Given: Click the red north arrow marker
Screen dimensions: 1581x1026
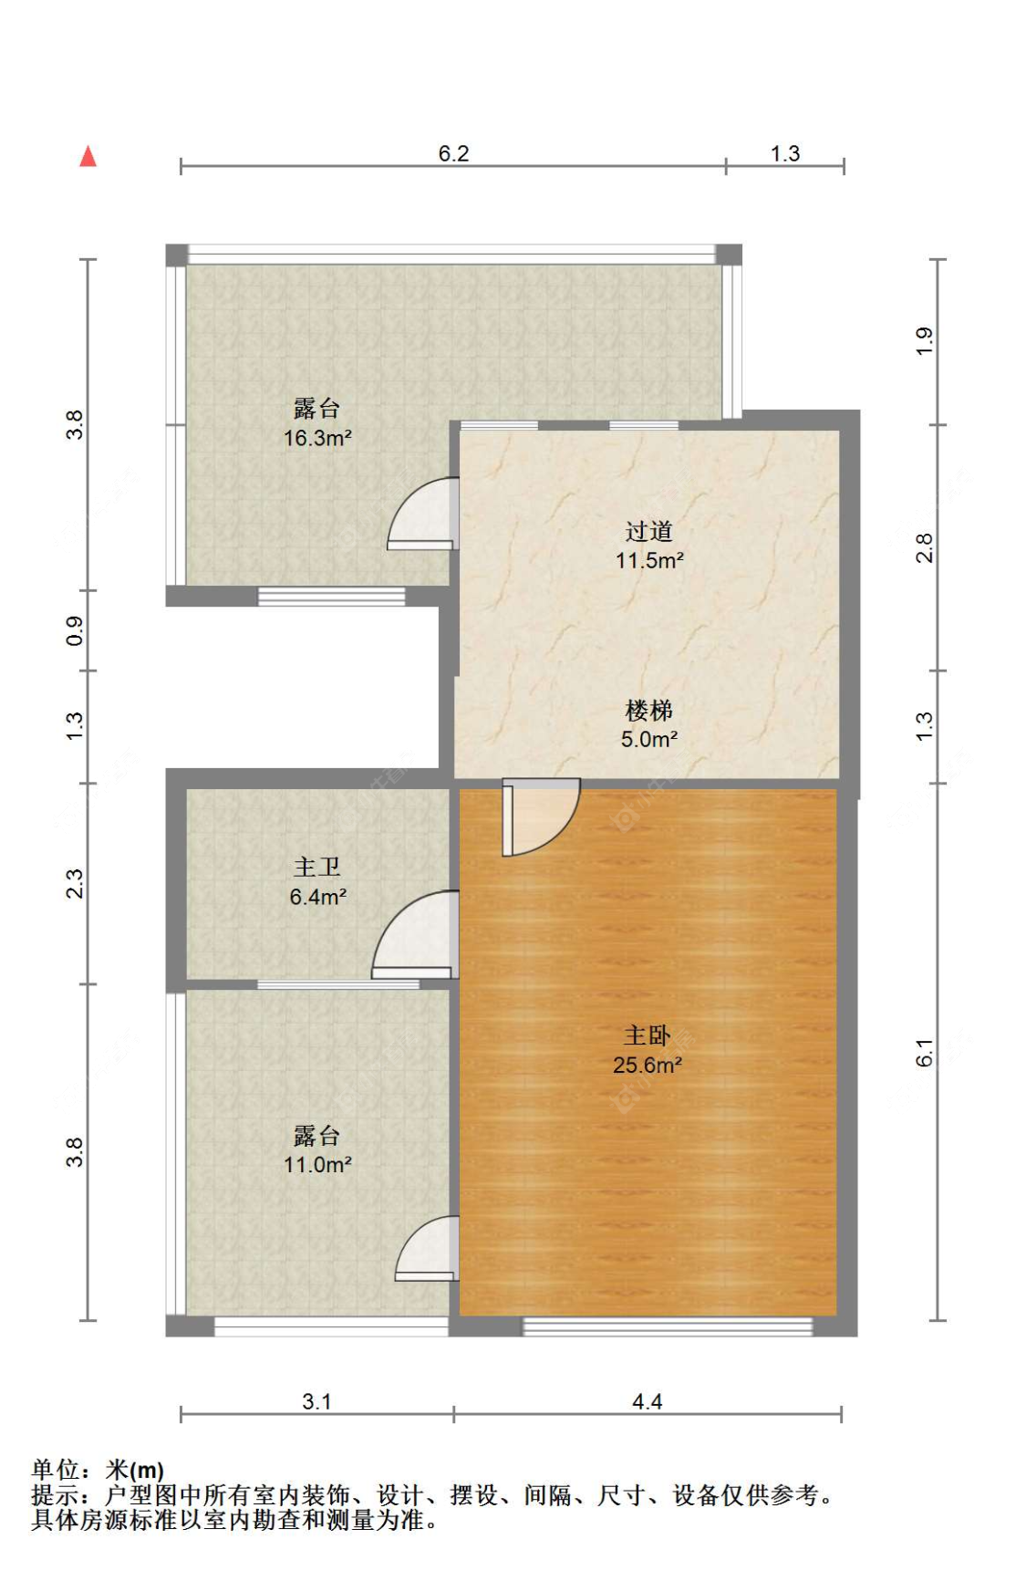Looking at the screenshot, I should coord(88,157).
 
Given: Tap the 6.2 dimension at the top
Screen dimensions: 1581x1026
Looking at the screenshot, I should coord(453,153).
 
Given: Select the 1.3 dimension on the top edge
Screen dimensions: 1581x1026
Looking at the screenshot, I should coord(784,153).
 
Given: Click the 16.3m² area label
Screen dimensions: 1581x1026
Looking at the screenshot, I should coord(317,438).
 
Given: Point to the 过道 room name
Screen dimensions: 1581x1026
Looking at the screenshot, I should coord(648,531).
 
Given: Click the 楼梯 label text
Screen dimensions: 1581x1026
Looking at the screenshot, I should coord(648,710).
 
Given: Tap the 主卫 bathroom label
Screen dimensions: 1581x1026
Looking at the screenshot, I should coord(316,867).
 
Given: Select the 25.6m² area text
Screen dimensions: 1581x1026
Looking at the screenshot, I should coord(648,1065).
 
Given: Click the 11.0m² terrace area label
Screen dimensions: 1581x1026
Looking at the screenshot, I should coord(317,1165).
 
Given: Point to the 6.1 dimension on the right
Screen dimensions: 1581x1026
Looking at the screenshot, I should coord(925,1052).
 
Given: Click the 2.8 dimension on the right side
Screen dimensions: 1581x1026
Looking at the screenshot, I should coord(925,547).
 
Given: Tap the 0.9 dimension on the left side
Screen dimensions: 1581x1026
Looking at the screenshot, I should coord(75,631).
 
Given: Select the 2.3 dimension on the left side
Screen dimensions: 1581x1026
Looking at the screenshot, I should coord(75,884).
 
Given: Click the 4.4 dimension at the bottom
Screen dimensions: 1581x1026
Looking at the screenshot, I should coord(647,1402).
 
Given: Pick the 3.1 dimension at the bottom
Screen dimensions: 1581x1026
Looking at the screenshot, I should coord(316,1402).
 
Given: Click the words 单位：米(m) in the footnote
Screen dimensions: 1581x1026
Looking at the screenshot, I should coord(98,1471).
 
